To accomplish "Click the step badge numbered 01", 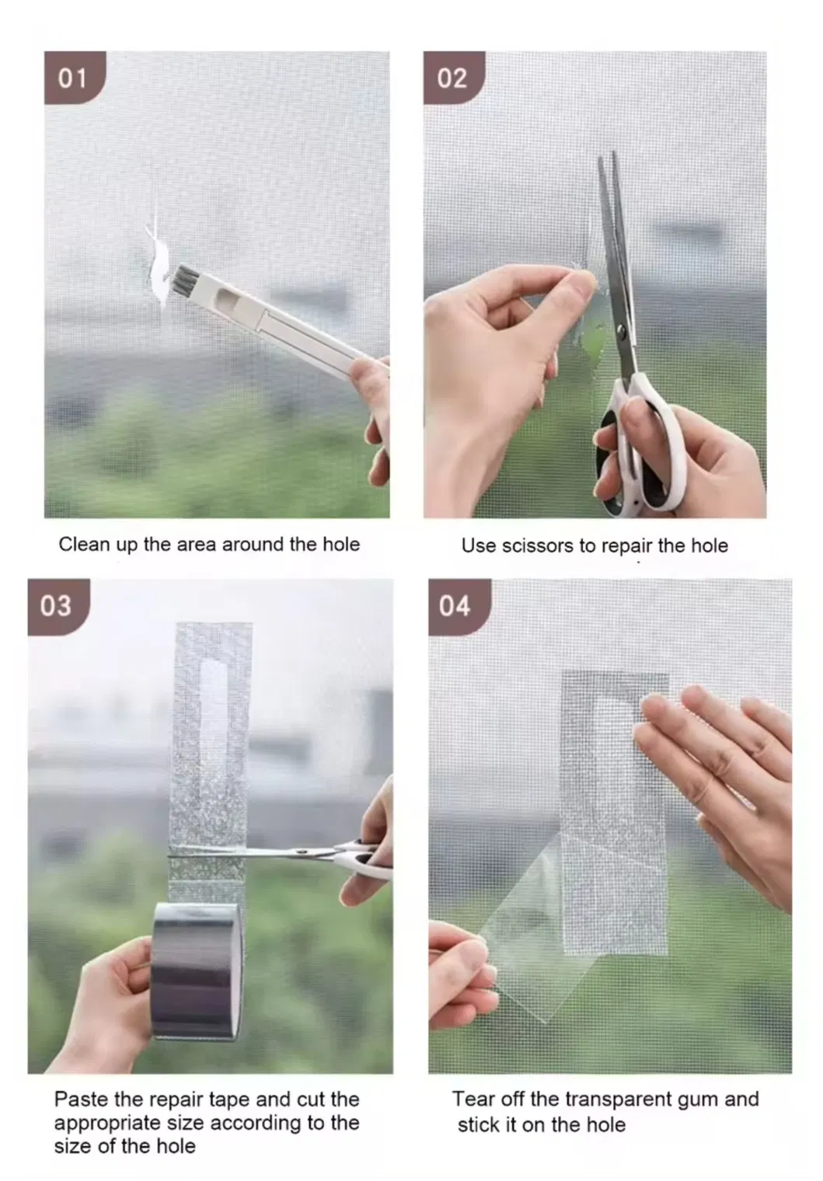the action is (x=75, y=78).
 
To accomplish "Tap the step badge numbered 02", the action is (x=453, y=78).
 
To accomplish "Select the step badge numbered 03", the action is (x=58, y=606).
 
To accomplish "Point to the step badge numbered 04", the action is (x=459, y=606).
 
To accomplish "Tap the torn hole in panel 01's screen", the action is (x=158, y=261).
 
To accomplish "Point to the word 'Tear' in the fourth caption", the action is (x=473, y=1099).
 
